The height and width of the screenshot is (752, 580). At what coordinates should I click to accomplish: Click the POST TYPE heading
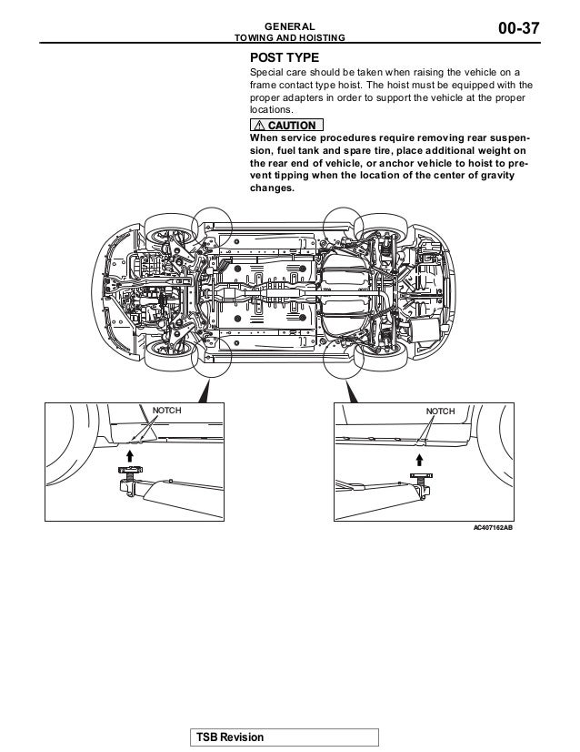tap(285, 57)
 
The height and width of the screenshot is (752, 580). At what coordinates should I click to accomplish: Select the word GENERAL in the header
tap(290, 25)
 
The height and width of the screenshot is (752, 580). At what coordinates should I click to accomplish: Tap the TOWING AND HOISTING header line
tap(290, 38)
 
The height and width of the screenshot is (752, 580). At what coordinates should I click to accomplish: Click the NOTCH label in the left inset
tap(166, 412)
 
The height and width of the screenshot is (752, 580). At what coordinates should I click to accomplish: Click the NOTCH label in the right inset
tap(440, 412)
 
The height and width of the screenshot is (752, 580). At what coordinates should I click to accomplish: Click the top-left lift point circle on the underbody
tap(213, 222)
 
